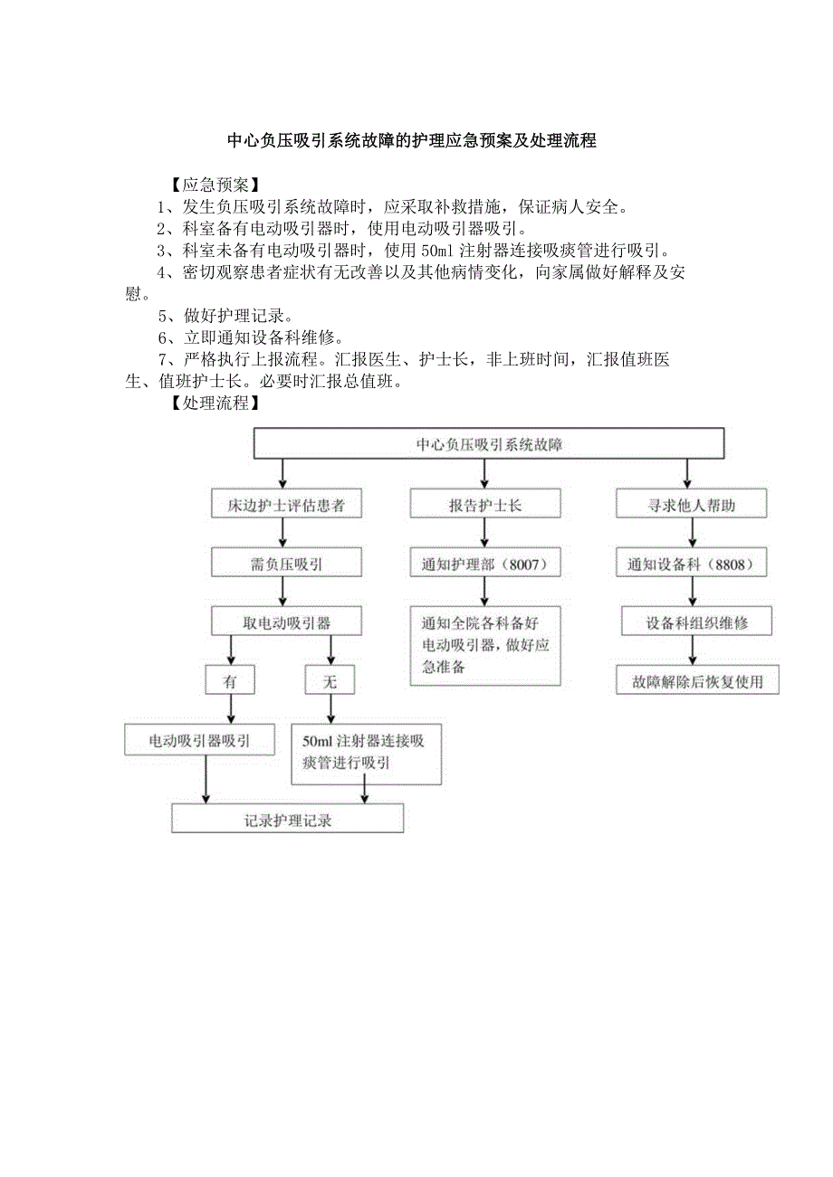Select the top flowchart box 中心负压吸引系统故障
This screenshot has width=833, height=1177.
(x=488, y=444)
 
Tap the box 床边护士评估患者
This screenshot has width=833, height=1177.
(x=285, y=505)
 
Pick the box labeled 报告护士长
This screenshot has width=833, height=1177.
(x=485, y=505)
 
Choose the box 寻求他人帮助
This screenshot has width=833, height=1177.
(x=692, y=505)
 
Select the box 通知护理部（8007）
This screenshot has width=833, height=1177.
(x=485, y=564)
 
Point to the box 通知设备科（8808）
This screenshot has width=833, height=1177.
(x=692, y=564)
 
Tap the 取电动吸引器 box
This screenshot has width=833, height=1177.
(x=285, y=622)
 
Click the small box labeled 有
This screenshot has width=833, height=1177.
(x=230, y=681)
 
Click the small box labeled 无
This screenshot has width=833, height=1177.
(x=330, y=681)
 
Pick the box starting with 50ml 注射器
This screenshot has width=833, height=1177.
(x=366, y=752)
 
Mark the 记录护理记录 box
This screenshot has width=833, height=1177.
(x=287, y=820)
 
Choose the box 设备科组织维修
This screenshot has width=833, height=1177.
(x=696, y=622)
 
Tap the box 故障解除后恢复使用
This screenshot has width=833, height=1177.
(x=696, y=681)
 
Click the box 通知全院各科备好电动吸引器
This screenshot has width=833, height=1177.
(x=485, y=645)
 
